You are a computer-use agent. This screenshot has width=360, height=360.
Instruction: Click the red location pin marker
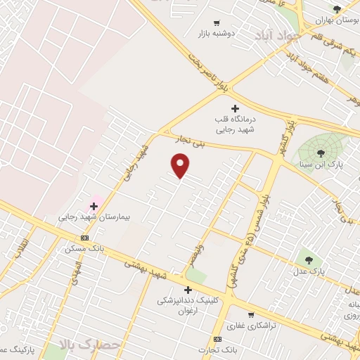click(181, 165)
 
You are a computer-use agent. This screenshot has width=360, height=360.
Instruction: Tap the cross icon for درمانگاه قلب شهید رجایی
click(235, 108)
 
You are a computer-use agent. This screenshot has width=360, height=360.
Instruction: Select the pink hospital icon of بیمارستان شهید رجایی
click(94, 206)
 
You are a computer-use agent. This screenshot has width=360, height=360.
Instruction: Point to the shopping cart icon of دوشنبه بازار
click(217, 22)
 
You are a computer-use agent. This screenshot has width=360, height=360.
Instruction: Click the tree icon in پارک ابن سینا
click(321, 153)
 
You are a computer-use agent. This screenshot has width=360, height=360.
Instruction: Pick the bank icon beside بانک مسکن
click(85, 238)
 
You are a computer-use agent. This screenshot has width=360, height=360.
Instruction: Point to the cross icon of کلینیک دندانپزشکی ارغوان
click(188, 290)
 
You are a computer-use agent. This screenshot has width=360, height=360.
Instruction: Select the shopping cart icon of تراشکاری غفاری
click(252, 314)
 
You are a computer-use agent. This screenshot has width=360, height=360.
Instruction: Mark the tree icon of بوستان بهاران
click(337, 10)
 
